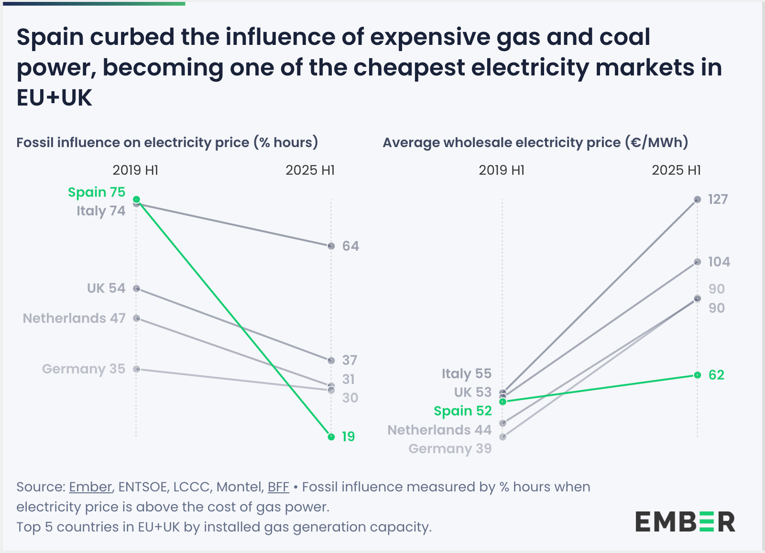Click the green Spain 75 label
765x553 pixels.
96,192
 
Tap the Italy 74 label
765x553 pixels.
101,211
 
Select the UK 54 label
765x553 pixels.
106,288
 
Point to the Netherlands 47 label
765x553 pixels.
74,318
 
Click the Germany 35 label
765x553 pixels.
84,369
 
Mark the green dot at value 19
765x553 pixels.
331,436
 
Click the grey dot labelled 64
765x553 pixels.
331,246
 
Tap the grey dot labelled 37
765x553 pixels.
331,360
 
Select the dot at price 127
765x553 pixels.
698,199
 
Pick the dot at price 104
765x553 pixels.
698,262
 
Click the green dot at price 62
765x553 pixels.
698,375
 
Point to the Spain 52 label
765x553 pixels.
462,411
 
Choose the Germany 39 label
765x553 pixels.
450,448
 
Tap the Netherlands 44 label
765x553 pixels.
439,430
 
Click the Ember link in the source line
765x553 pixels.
90,487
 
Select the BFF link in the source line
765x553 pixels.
278,487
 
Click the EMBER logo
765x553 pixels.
685,521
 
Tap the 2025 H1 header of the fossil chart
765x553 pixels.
310,170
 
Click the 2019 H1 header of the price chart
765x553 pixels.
502,170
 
